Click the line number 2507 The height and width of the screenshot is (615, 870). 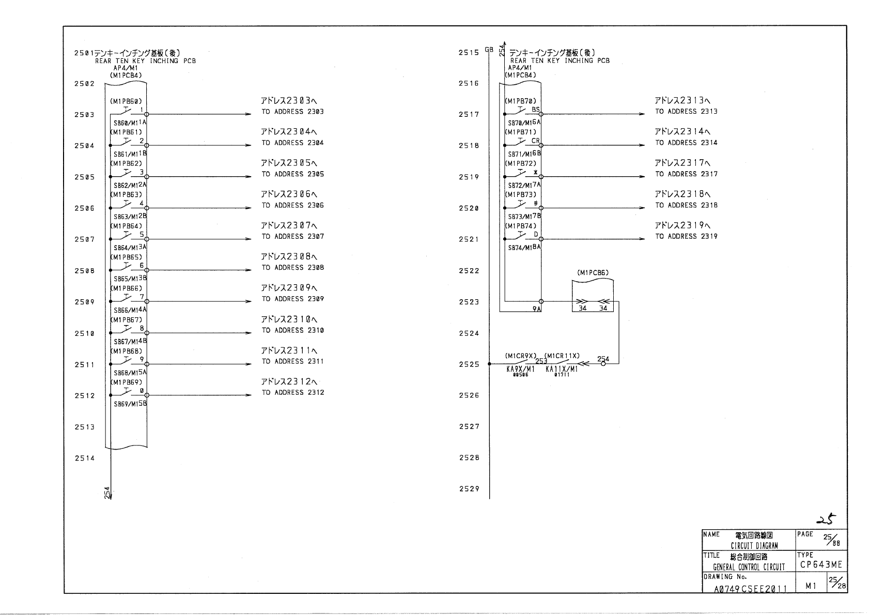click(84, 240)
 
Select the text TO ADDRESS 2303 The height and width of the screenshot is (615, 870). click(292, 112)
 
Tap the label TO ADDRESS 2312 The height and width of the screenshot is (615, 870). click(292, 393)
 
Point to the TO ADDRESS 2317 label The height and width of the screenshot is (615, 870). click(686, 174)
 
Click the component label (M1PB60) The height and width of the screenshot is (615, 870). click(126, 101)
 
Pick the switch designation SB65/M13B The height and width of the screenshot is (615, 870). click(130, 279)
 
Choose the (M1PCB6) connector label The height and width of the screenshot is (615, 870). click(593, 273)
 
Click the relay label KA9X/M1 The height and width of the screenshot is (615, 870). click(520, 370)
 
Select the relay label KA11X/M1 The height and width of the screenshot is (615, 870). click(562, 370)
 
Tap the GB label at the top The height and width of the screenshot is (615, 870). click(489, 50)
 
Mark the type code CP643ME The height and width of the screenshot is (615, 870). click(821, 565)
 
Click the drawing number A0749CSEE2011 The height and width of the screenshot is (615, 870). click(750, 589)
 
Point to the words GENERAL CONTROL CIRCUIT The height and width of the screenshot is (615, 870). click(749, 567)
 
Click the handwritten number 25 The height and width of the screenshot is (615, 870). click(825, 520)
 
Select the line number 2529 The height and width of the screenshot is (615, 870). click(469, 489)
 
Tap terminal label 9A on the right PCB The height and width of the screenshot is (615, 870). click(536, 309)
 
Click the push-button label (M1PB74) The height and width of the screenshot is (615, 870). click(520, 226)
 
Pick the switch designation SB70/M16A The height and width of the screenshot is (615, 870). click(524, 122)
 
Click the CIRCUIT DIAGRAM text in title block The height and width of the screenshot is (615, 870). click(754, 546)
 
